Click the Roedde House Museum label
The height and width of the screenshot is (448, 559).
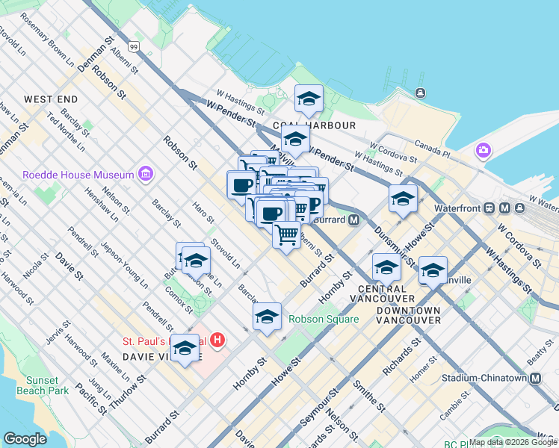coord(78,175)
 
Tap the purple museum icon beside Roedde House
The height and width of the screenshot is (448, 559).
coord(146,175)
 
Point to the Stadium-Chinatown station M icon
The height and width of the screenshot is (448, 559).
coord(535,378)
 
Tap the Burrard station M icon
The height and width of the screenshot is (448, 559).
coord(353,220)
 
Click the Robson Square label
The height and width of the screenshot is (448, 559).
coord(324,319)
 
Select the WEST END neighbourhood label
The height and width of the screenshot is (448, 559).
coord(51,99)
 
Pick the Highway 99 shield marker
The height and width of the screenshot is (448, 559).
coord(134,46)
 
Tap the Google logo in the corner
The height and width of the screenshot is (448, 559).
coord(25,438)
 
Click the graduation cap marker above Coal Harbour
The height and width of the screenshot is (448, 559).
coord(308,99)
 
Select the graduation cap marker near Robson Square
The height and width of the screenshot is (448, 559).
coord(267,316)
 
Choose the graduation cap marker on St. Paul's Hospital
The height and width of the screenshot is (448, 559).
coord(185,347)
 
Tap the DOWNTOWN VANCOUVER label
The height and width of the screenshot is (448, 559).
coord(408,314)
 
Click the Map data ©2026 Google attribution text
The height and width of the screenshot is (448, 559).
coord(513,442)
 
